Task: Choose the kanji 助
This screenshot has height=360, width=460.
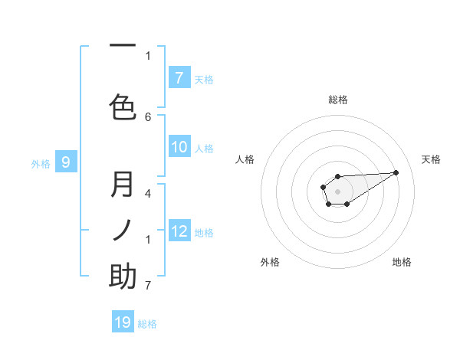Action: click(123, 277)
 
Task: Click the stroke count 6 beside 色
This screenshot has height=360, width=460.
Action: click(148, 116)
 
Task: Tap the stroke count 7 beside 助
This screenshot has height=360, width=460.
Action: click(148, 286)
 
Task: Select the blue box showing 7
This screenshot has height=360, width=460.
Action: click(179, 78)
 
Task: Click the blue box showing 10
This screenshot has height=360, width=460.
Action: click(179, 147)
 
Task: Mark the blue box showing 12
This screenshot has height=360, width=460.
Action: click(179, 231)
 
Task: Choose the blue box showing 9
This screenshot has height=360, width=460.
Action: click(66, 162)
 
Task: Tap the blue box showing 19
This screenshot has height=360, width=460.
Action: click(123, 322)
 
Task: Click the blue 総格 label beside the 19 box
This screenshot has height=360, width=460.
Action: click(147, 324)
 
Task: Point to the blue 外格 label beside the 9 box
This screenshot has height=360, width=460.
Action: click(41, 163)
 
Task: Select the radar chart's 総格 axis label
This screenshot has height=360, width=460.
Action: click(337, 100)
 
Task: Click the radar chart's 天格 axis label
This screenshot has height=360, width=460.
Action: click(431, 159)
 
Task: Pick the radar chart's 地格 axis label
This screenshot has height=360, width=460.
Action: click(402, 262)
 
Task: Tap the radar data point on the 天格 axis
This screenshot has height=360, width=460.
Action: click(396, 172)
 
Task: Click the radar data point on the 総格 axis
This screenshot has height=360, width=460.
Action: click(337, 176)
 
